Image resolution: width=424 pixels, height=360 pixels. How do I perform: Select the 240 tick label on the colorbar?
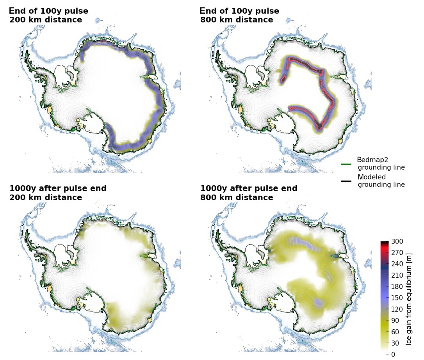click(x=397, y=264)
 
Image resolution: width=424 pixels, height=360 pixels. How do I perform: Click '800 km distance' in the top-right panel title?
click(x=237, y=20)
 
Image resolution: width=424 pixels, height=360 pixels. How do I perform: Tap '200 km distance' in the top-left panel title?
click(x=46, y=20)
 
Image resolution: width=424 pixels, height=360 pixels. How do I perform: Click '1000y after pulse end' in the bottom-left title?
click(x=58, y=189)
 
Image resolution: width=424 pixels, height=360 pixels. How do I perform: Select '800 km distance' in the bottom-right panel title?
click(x=237, y=198)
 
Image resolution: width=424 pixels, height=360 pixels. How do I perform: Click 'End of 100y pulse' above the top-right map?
click(x=239, y=11)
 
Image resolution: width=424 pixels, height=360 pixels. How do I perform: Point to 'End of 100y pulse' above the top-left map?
click(x=48, y=11)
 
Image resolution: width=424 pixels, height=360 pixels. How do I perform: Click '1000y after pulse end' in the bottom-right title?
click(x=249, y=189)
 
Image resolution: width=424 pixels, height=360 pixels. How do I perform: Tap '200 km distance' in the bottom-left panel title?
click(x=46, y=198)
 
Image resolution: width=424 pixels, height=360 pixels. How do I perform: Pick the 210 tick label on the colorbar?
click(x=397, y=275)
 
